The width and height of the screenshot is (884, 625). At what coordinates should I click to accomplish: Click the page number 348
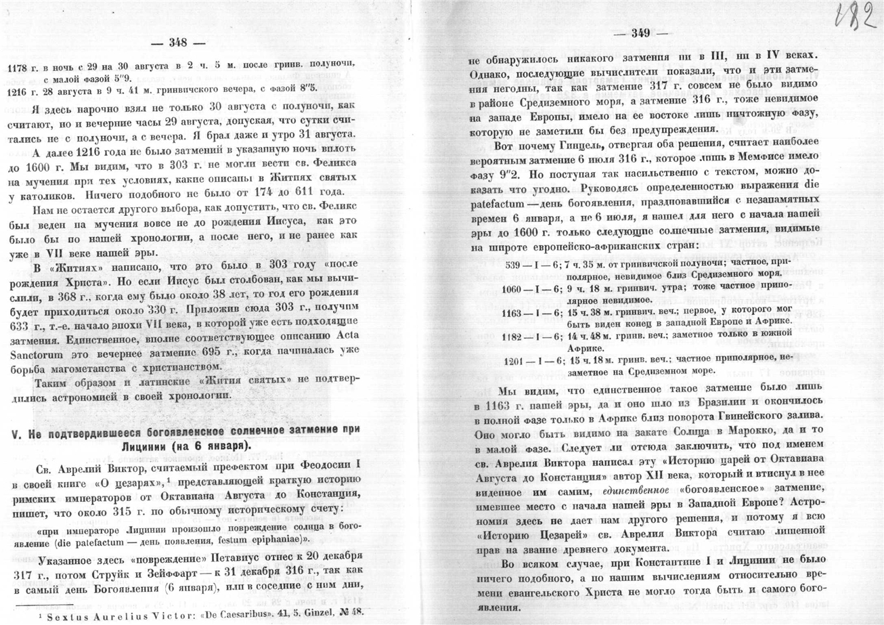pyautogui.click(x=178, y=43)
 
